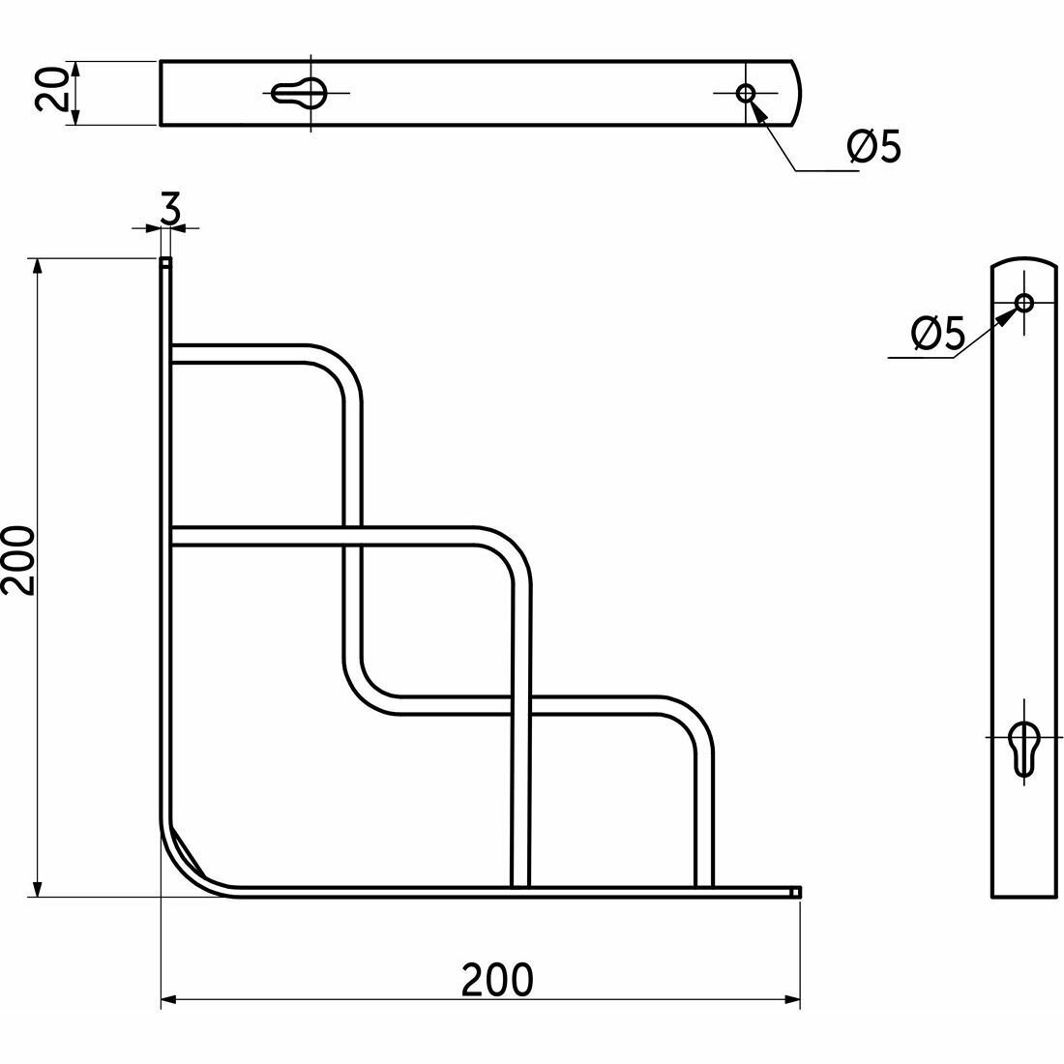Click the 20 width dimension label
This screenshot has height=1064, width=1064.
pos(51,89)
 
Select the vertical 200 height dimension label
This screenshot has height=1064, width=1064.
pos(18,561)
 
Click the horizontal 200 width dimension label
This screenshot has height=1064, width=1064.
pos(497,979)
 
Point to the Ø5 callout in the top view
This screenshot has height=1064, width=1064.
pos(874,146)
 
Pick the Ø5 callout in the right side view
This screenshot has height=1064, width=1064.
pos(938,333)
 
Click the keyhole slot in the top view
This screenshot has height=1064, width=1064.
pos(299,92)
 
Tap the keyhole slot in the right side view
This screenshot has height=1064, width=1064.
pos(1023,749)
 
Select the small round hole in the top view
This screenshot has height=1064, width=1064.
pos(746,93)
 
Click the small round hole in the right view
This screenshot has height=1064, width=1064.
pos(1024,303)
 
